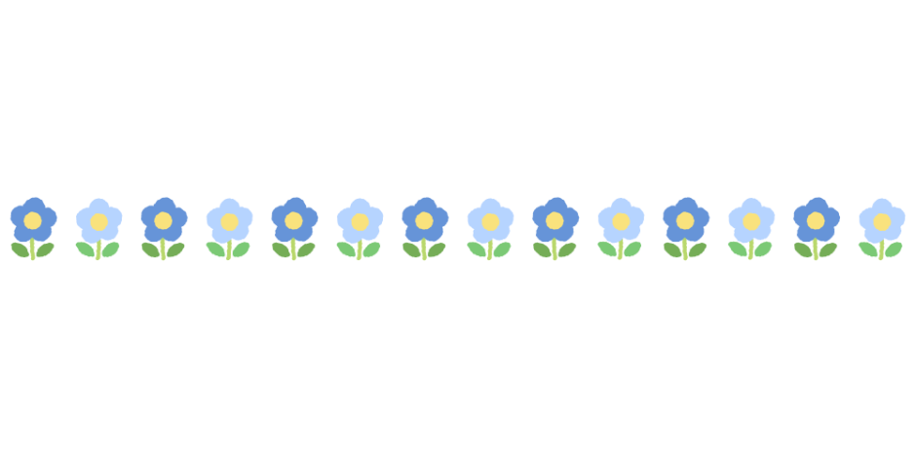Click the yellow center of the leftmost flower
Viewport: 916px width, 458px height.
[x=33, y=220]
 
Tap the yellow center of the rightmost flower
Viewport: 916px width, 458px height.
[x=882, y=222]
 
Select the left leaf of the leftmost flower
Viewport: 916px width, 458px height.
[x=20, y=249]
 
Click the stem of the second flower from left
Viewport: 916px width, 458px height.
[x=98, y=249]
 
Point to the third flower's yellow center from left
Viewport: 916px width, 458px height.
[x=164, y=220]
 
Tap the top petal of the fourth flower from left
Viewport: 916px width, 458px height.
[x=229, y=205]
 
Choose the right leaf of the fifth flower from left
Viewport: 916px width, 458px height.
[x=306, y=249]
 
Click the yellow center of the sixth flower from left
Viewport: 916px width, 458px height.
[x=360, y=222]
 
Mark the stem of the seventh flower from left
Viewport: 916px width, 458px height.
[x=424, y=249]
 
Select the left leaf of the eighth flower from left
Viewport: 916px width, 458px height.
[x=477, y=249]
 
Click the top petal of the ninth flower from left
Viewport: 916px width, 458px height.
[x=555, y=204]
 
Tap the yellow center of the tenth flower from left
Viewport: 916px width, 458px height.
[x=621, y=222]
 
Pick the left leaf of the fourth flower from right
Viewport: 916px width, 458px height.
[x=673, y=249]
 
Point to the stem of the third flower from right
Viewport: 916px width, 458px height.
[x=750, y=249]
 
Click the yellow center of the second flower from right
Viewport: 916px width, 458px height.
[x=817, y=220]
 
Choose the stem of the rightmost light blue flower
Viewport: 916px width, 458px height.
[x=881, y=249]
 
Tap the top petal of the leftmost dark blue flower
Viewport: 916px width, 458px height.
[x=33, y=204]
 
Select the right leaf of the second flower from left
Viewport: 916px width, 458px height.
[x=110, y=249]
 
